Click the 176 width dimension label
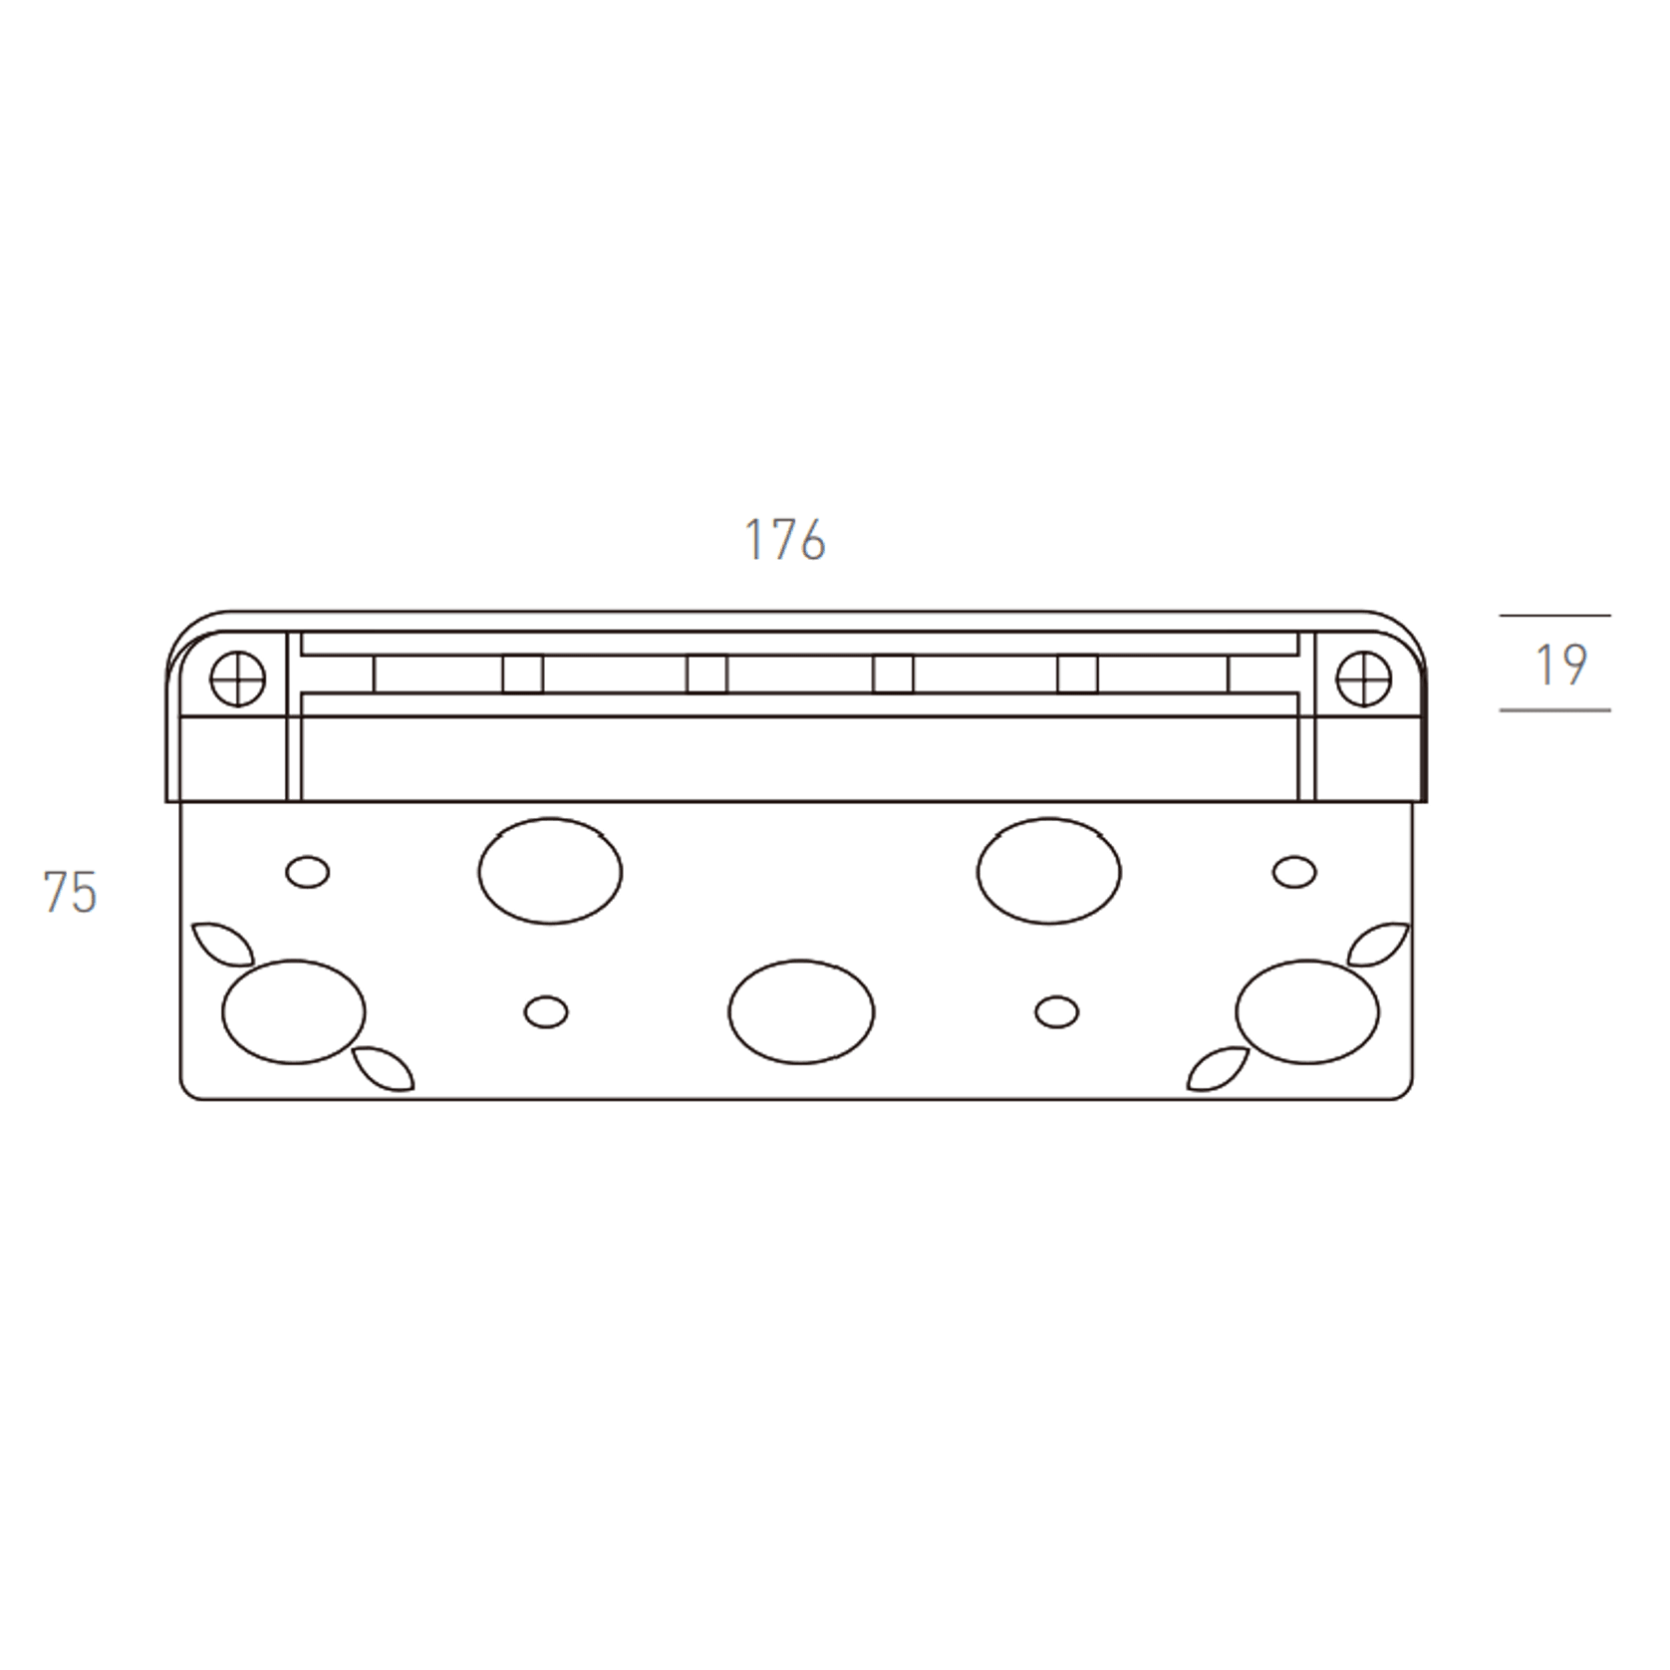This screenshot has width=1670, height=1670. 785,540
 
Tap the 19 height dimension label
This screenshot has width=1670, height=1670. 1560,664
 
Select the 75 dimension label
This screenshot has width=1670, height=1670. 70,892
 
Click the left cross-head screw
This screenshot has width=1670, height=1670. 238,681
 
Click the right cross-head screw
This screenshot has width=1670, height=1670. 1363,681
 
